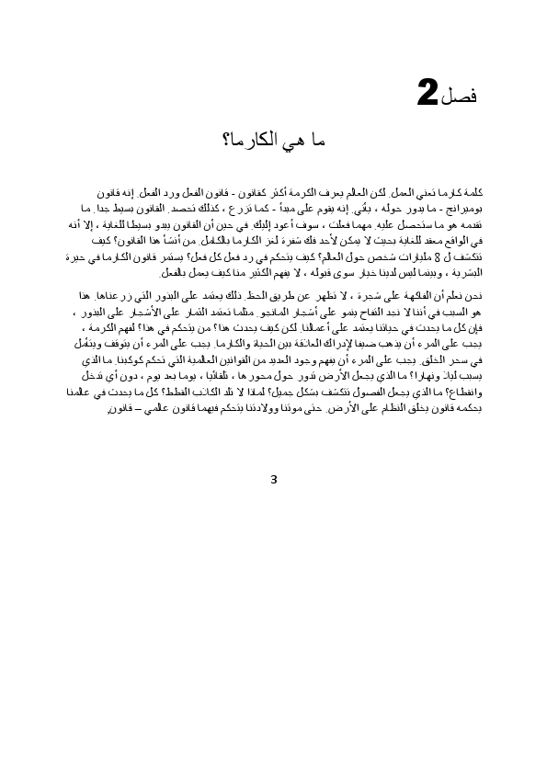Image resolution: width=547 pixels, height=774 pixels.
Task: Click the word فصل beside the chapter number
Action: [x=464, y=97]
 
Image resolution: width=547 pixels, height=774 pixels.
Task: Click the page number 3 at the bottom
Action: [x=274, y=479]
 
